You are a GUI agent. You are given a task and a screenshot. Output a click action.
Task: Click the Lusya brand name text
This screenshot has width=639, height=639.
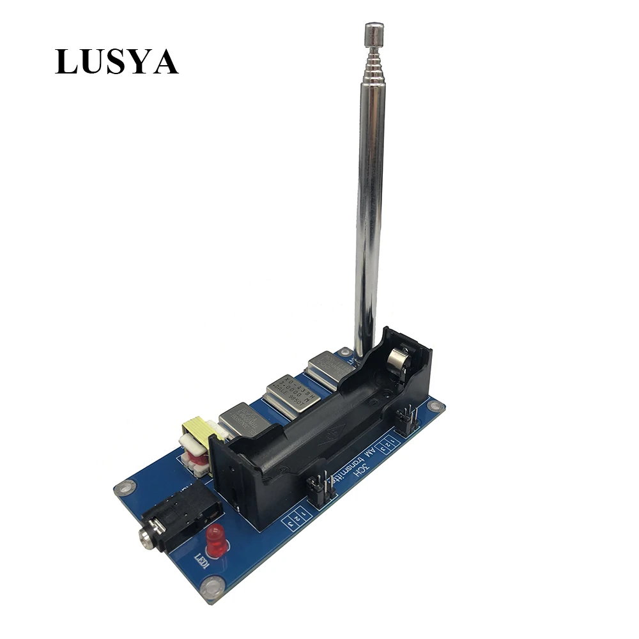(116, 62)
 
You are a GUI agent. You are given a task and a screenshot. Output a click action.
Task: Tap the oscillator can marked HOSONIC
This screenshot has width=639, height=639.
(243, 422)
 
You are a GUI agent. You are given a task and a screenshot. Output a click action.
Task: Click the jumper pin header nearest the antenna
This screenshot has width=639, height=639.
(406, 421)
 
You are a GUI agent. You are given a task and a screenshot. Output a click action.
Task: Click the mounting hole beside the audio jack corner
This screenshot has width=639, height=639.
(123, 488)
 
